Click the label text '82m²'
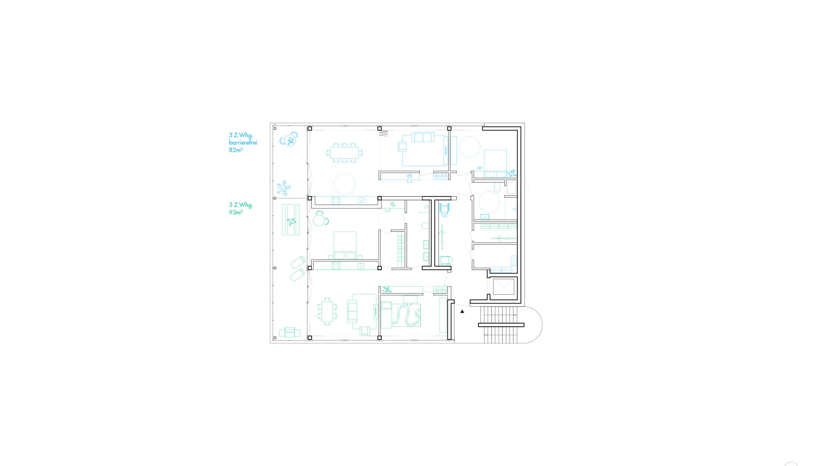point(235,150)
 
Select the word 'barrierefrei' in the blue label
point(243,142)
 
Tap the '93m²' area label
point(235,212)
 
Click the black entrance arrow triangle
point(462,311)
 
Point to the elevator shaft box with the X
point(504,287)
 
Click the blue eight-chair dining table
point(345,153)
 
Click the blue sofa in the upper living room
point(423,137)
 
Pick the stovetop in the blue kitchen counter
point(335,201)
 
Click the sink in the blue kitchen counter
point(361,201)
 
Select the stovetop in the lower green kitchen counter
point(335,266)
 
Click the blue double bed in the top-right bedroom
point(495,164)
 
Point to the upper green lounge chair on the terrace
point(298,262)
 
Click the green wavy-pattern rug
point(405,315)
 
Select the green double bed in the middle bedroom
point(345,245)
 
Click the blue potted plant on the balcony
point(284,189)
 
